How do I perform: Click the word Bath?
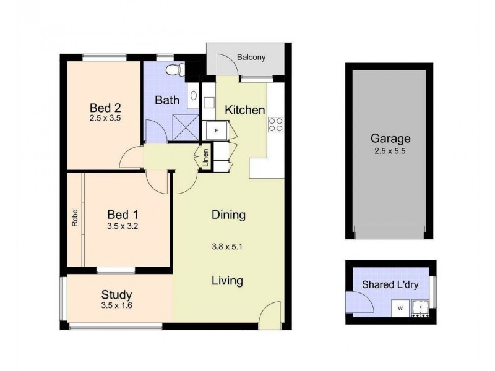click(167, 100)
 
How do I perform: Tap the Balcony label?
click(251, 58)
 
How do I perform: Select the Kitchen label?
click(244, 110)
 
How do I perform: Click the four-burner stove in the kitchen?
click(275, 124)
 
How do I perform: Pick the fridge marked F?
click(217, 131)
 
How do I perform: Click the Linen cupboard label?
click(205, 158)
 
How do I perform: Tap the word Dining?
click(228, 215)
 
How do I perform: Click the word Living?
click(227, 281)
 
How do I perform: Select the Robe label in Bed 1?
click(74, 220)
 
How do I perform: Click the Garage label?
click(390, 139)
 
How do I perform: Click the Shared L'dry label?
click(390, 284)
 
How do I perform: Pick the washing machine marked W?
click(401, 307)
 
